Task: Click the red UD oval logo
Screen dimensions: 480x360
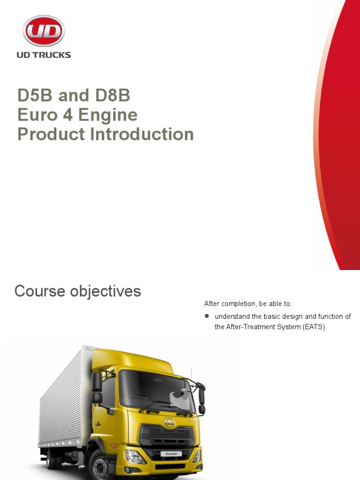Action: (x=44, y=31)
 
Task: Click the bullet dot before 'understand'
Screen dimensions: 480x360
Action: (x=207, y=316)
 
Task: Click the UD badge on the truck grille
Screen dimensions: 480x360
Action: (x=169, y=421)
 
